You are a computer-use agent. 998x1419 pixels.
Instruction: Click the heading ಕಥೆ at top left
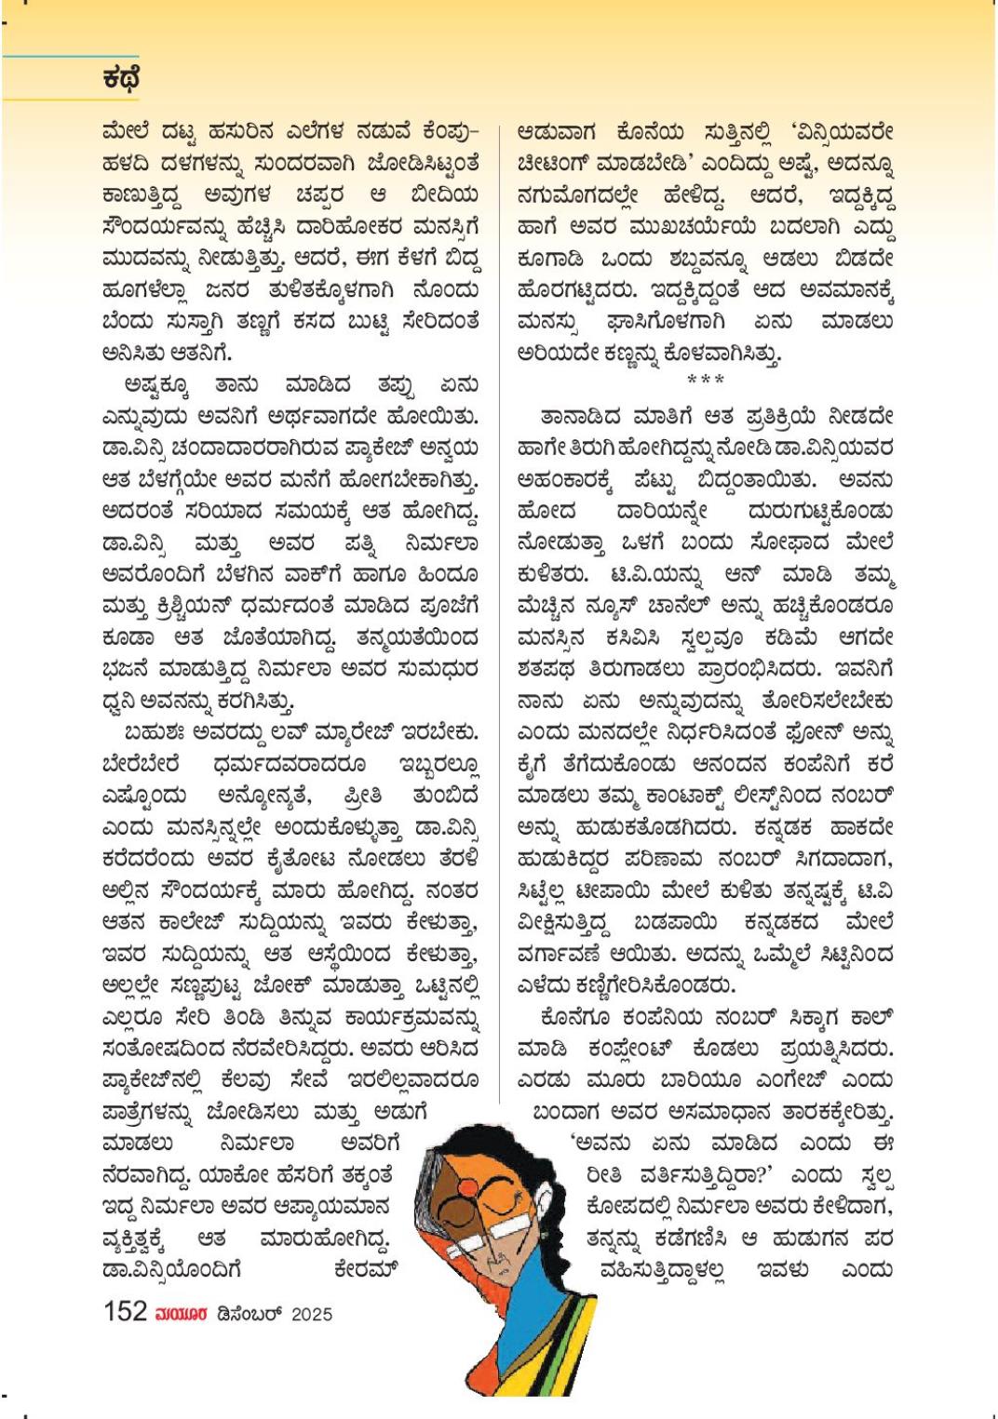pos(122,79)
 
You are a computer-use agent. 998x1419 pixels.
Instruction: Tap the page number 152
pos(126,1311)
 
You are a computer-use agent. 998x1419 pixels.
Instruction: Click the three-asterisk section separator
pos(705,379)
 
